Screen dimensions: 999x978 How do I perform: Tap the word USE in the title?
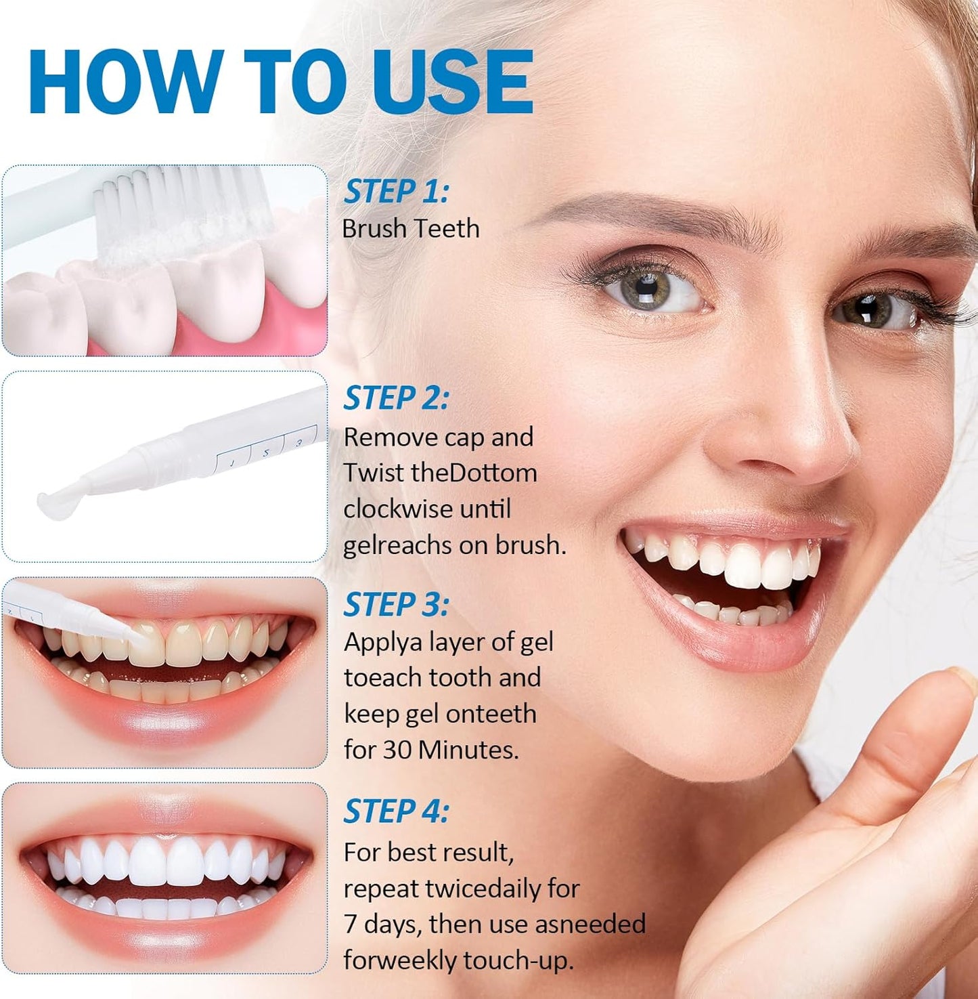pyautogui.click(x=452, y=82)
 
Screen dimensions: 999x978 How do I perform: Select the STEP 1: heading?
pyautogui.click(x=396, y=192)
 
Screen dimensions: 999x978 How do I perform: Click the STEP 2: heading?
pyautogui.click(x=396, y=398)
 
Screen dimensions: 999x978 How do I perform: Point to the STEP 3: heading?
pyautogui.click(x=396, y=605)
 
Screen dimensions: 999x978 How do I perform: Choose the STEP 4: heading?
pyautogui.click(x=396, y=811)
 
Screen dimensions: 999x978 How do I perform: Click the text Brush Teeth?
pyautogui.click(x=411, y=229)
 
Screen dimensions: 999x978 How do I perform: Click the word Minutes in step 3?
pyautogui.click(x=468, y=750)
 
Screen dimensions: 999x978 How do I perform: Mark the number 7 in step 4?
pyautogui.click(x=350, y=924)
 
